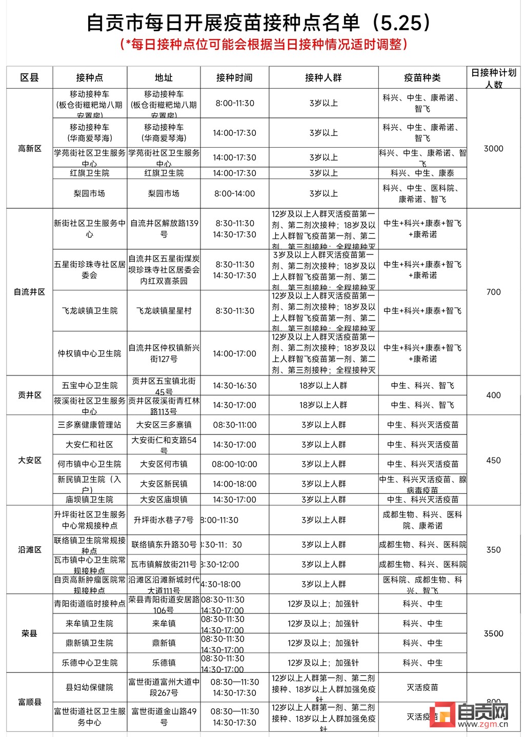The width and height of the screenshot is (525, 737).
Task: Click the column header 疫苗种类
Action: point(422,77)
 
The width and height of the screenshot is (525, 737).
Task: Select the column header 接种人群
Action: point(323,77)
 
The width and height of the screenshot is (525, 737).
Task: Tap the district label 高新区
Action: point(29,148)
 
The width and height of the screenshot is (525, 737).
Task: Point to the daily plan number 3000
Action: point(493,148)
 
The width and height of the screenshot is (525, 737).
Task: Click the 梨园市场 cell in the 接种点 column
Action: point(89,193)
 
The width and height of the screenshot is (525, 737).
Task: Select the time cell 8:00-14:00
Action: point(234,193)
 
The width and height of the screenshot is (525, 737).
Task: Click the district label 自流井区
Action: point(29,292)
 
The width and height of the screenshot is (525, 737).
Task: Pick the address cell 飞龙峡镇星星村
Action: point(164,311)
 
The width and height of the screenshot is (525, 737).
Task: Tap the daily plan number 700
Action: point(493,292)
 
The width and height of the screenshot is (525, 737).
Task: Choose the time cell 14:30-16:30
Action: point(234,386)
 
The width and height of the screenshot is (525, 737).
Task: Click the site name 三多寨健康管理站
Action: point(89,425)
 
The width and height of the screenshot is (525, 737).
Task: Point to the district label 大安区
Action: point(29,460)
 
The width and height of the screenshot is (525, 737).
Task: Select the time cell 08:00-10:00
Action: point(234,464)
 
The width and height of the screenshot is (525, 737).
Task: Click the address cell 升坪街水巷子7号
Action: point(164,520)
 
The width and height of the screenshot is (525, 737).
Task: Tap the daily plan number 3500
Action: point(493,633)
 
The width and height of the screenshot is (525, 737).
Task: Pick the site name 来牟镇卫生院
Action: point(89,624)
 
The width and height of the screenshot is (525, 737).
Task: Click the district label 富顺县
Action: point(29,702)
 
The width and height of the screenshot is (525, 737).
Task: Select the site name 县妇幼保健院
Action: point(89,687)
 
